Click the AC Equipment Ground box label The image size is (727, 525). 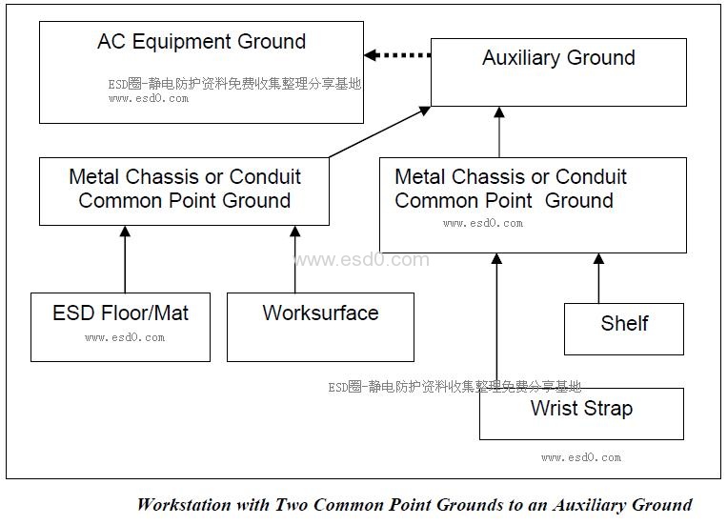[x=201, y=42]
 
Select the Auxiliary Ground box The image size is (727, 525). [x=558, y=71]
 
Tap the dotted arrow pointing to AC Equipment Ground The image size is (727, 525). [x=397, y=55]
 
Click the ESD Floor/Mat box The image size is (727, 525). [x=120, y=327]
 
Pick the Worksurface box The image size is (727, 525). [x=320, y=327]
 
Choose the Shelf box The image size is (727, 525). [x=624, y=329]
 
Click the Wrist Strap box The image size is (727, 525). [x=581, y=413]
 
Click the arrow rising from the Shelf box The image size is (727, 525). [x=598, y=278]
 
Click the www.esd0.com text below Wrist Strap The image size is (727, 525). [x=581, y=457]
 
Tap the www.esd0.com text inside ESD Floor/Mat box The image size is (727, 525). [x=125, y=337]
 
